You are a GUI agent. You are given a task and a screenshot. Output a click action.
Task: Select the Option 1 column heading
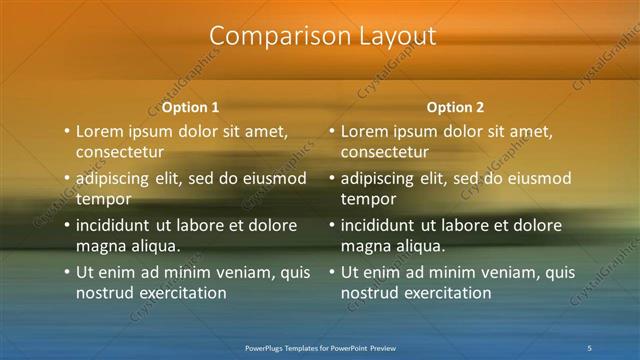tap(190, 107)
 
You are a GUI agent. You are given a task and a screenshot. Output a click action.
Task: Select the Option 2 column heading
tap(455, 107)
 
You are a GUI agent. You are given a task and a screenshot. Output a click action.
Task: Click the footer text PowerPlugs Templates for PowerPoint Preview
tap(320, 348)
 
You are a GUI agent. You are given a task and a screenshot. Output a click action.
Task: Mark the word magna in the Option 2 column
tap(364, 246)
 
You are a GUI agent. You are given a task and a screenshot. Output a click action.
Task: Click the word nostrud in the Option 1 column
tap(103, 293)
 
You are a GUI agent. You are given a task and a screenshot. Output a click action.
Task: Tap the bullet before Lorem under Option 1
tap(67, 131)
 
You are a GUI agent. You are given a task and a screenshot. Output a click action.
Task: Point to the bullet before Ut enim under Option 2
tap(332, 272)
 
